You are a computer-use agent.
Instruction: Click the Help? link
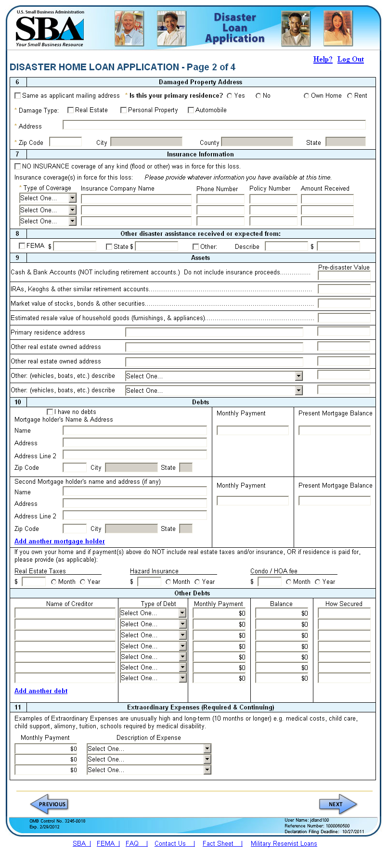point(323,59)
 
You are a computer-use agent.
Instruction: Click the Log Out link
point(350,59)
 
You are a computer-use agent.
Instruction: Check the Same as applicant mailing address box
point(18,96)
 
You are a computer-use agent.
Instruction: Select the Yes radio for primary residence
point(230,96)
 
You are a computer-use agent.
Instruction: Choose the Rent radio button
point(350,96)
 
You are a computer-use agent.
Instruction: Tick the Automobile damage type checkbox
point(191,110)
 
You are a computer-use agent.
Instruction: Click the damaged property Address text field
point(214,125)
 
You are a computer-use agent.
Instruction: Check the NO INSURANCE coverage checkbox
point(18,167)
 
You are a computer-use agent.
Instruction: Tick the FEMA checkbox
point(22,246)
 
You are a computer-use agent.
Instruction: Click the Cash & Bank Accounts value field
point(344,276)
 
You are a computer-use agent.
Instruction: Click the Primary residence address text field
point(214,332)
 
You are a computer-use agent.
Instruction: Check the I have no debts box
point(50,412)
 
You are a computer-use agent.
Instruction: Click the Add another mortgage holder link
point(60,541)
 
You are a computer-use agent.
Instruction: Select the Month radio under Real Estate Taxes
point(54,582)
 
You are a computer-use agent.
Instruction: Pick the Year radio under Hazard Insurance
point(197,582)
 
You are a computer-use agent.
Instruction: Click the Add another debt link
point(41,691)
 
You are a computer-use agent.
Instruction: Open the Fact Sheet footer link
point(218,843)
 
